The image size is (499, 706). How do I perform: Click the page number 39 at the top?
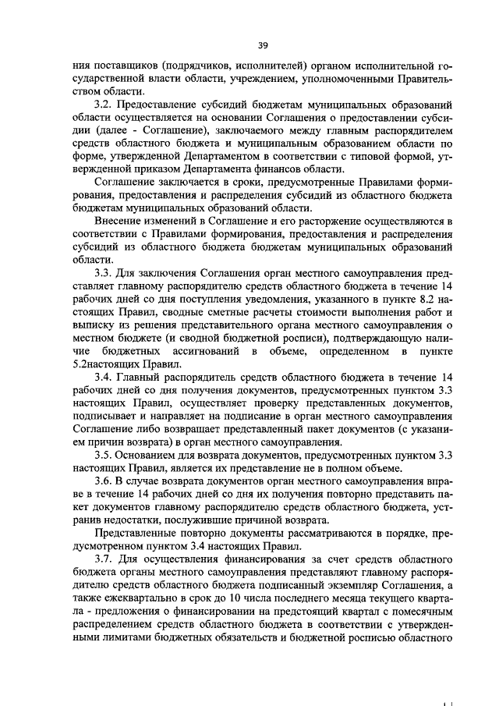[x=249, y=23]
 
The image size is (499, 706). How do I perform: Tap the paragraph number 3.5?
[x=103, y=454]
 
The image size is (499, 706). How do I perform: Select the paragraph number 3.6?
[x=103, y=481]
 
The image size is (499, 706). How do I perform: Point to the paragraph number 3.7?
[x=103, y=562]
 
